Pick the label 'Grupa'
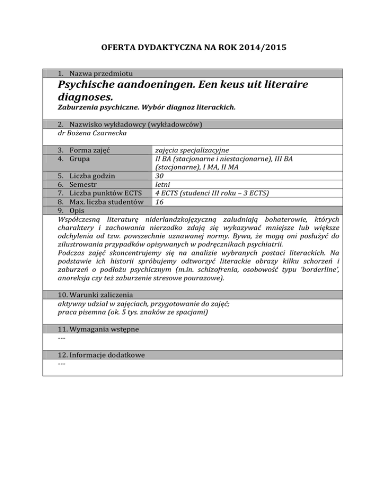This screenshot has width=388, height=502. click(81, 159)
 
